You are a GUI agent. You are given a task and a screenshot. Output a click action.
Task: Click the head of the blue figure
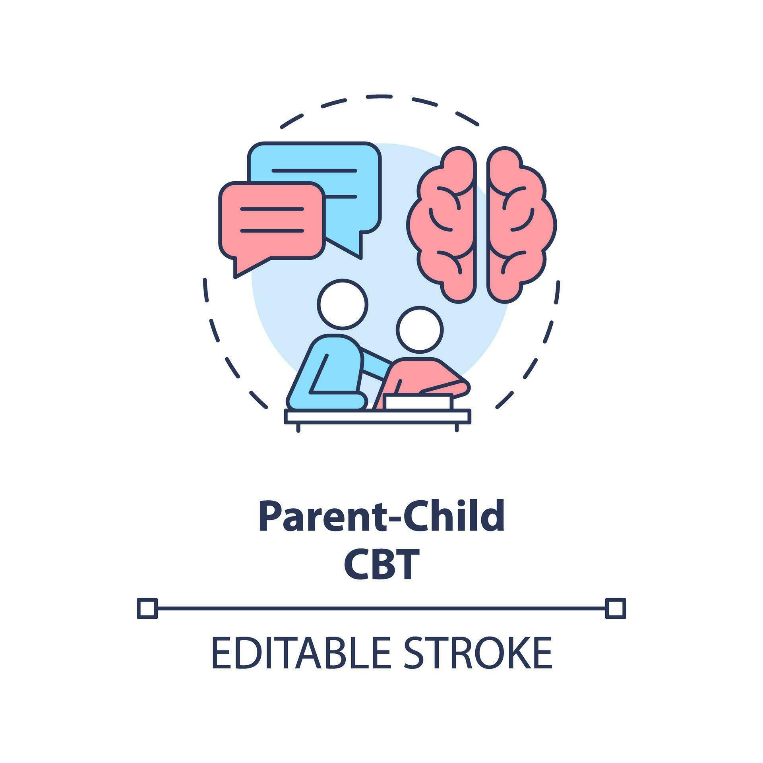point(343,304)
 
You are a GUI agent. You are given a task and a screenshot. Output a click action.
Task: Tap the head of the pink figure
point(419,329)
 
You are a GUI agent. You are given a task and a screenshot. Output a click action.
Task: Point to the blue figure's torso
point(330,370)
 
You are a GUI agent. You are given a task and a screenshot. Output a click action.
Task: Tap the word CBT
point(381,564)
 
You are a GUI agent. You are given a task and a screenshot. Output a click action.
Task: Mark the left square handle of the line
point(147,608)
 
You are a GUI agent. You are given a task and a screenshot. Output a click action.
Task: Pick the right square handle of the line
point(616,608)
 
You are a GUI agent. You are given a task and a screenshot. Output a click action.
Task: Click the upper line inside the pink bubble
point(272,209)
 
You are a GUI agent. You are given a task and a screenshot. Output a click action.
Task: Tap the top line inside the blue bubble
point(314,171)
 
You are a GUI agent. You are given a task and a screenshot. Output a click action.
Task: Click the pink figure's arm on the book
point(445,387)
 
